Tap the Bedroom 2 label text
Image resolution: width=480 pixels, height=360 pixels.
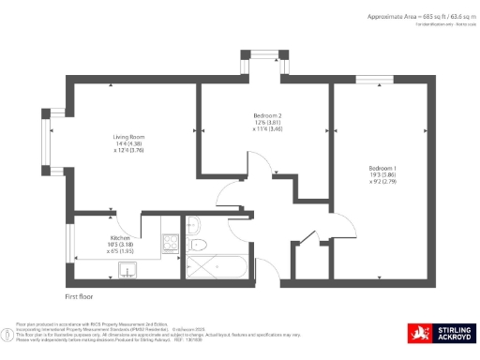point(241,114)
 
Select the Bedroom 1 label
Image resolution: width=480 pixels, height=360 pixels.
point(382,168)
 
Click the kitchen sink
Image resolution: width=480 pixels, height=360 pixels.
point(127,272)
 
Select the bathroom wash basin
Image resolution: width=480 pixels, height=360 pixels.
point(193,225)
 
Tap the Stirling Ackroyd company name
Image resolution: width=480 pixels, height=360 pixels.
point(455,334)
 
